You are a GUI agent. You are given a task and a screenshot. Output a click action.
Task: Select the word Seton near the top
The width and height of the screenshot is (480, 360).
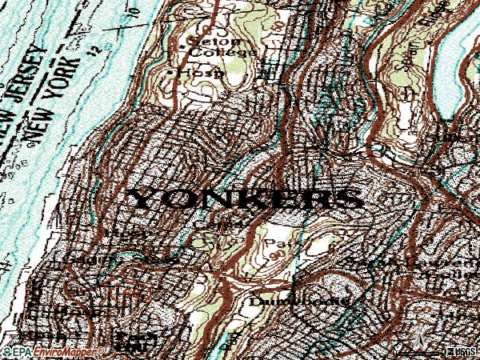click(203, 40)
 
